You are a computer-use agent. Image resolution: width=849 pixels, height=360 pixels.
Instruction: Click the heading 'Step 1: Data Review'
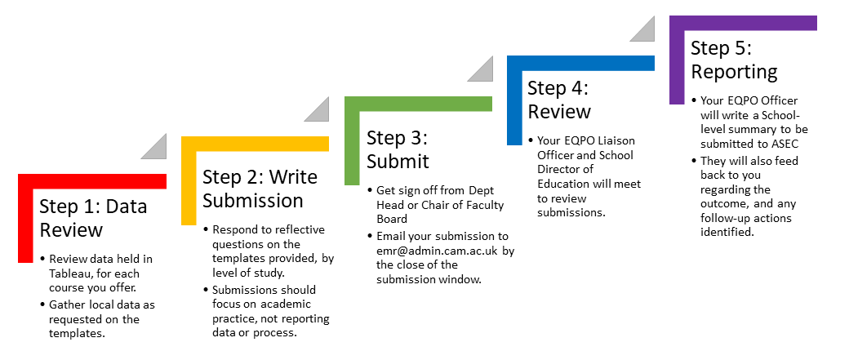coord(93,218)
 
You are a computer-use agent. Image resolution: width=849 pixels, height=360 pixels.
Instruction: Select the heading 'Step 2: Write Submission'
coord(260,189)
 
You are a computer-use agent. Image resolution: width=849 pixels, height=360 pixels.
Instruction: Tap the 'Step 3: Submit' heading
coord(398,149)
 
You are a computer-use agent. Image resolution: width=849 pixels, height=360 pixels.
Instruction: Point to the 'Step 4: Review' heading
coord(559,100)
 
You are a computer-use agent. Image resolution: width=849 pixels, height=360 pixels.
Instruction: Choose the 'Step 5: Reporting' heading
coord(734,60)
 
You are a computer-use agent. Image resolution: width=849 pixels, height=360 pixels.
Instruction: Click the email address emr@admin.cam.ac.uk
coord(438,251)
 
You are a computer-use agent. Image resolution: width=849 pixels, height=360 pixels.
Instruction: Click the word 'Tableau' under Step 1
coord(70,273)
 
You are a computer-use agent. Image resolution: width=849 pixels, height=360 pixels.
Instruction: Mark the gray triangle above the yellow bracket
coord(317,109)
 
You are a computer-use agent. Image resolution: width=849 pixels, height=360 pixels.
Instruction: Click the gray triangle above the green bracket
coord(480,69)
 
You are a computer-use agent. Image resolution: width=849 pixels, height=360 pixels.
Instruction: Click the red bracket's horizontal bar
coord(92,181)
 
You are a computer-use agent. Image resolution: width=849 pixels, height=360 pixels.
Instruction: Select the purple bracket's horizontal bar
coord(743,24)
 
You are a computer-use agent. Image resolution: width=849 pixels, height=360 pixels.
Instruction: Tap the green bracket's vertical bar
coord(352,140)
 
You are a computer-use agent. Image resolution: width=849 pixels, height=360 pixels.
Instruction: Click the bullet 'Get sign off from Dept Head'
coord(436,205)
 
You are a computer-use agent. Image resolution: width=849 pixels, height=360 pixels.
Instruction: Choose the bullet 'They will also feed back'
coord(749,197)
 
